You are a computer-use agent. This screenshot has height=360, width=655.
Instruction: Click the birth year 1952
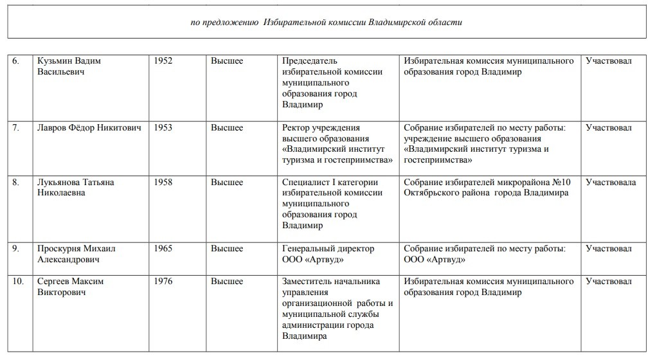163,61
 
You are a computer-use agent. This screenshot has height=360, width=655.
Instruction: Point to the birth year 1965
163,249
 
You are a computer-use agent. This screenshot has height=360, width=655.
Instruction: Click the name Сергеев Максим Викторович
70,287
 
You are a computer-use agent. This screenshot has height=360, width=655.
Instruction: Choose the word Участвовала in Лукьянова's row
611,183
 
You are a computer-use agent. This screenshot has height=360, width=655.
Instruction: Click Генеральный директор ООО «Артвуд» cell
328,255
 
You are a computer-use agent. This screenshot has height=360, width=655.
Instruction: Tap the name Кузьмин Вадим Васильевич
69,66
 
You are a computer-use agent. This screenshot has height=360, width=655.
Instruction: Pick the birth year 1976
163,282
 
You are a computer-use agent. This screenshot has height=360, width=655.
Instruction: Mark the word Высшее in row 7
227,128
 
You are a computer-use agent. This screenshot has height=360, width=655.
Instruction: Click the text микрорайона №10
527,183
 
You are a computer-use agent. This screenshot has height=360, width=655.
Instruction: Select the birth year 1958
163,183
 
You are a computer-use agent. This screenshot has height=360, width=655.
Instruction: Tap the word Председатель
309,61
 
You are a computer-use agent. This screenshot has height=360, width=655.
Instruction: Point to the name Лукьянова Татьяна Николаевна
75,188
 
